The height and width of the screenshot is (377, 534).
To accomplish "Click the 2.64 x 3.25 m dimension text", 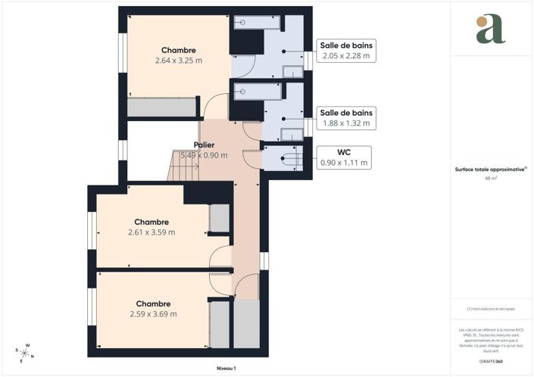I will point(179,61).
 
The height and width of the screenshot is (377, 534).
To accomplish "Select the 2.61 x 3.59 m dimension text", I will point(151,232).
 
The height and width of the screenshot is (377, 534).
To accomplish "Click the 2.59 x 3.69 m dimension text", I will point(153,313).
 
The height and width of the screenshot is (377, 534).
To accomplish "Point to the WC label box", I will point(343,157).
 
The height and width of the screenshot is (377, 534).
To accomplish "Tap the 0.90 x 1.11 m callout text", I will point(343,162).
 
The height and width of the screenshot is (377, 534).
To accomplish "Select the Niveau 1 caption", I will point(225,368).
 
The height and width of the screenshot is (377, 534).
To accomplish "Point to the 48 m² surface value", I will point(491,179).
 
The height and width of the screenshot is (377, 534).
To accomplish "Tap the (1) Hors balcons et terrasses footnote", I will point(491,310).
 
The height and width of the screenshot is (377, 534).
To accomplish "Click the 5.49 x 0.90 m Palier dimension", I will point(205,154).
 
